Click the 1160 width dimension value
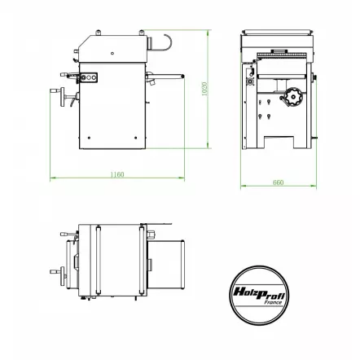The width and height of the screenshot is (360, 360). point(117,174)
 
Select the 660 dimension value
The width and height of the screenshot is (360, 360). point(278,182)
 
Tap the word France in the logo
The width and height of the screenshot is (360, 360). point(272,301)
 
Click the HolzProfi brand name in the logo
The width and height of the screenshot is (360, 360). point(260,291)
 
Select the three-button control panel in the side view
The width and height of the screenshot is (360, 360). point(86,77)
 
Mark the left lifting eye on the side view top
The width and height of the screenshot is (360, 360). point(99,33)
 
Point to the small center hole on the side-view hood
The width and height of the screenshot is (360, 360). point(112,54)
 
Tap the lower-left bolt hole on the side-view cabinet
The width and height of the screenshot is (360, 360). point(90,138)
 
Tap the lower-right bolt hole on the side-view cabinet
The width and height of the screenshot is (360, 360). point(135,138)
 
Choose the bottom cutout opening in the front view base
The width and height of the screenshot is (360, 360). point(278,144)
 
